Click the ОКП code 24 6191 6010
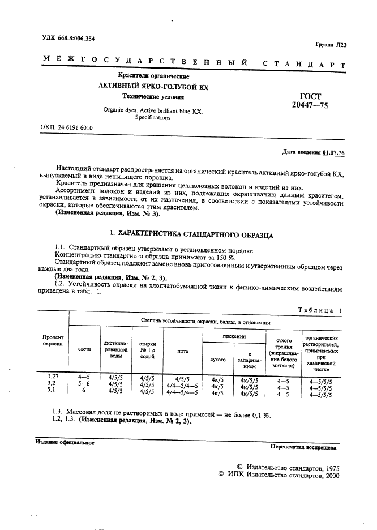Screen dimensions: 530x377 coord(76,129)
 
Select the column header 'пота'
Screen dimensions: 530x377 coord(182,351)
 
